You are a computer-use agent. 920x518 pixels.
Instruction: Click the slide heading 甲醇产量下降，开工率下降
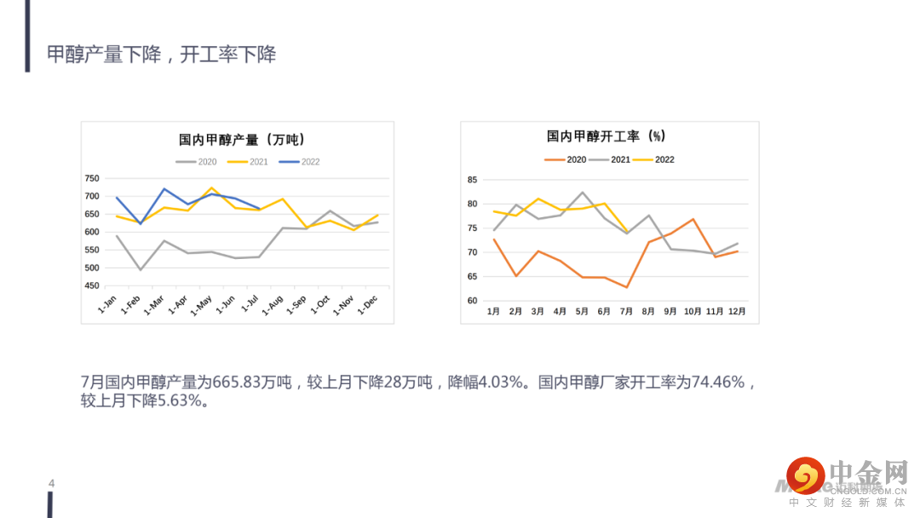click(161, 55)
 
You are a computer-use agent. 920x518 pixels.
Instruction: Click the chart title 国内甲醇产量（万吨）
click(242, 140)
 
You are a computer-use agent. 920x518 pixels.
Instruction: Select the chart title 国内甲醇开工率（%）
click(607, 136)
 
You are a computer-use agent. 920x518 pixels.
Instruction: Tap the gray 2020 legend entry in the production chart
click(196, 162)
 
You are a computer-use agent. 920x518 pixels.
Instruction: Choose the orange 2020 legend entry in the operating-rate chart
click(565, 159)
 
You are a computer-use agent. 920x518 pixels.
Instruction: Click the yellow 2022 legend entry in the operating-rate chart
click(653, 159)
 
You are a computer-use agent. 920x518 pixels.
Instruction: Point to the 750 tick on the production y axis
click(92, 178)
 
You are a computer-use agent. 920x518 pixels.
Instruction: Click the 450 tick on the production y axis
click(92, 285)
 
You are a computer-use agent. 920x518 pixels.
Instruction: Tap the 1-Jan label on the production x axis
click(106, 304)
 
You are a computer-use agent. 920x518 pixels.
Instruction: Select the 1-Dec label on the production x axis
click(367, 304)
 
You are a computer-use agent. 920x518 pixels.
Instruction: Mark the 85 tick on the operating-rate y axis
click(472, 180)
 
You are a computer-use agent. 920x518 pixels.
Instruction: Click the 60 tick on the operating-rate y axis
click(472, 301)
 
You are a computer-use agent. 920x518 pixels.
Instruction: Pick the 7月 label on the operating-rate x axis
click(626, 312)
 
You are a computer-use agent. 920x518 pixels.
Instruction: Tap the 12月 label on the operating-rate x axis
click(737, 312)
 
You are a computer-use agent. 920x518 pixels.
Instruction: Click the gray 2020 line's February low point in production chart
click(141, 270)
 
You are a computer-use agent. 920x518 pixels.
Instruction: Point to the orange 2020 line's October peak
click(693, 220)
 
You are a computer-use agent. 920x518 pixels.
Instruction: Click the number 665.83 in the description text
click(237, 383)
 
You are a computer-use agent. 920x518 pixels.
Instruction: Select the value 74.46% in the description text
click(718, 383)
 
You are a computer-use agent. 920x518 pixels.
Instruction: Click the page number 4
click(52, 483)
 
